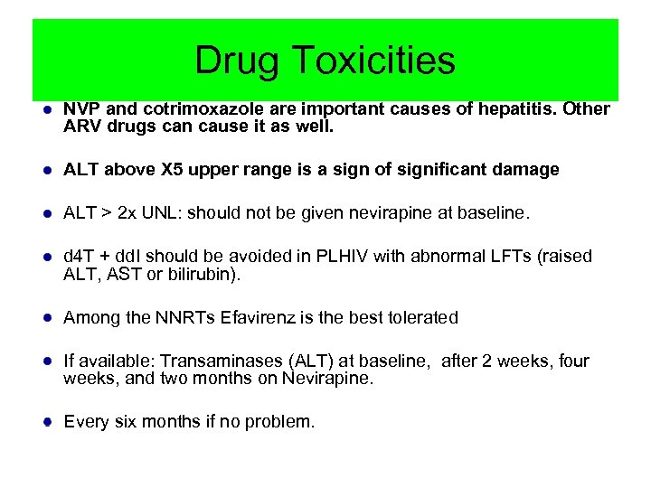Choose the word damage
(x=527, y=170)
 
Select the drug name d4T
(x=78, y=257)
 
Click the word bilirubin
(x=210, y=274)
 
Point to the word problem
(x=280, y=421)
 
